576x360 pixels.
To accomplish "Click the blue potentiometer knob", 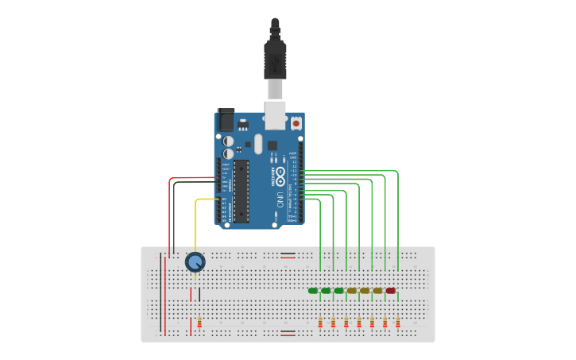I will pos(195,261).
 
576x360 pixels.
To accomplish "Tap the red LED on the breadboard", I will pos(390,291).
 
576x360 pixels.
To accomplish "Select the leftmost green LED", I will pos(313,291).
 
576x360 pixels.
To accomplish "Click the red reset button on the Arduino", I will pos(296,123).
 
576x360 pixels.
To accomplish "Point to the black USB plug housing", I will pos(275,60).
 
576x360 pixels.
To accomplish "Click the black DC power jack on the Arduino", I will pos(226,120).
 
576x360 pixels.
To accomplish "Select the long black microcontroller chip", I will pos(241,192).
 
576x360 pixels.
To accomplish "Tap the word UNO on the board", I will pos(280,199).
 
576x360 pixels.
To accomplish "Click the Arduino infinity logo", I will pos(280,176).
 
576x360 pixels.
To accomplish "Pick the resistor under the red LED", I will pos(398,323).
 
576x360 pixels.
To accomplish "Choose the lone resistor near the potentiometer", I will pos(199,323).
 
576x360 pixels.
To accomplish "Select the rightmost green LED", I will pos(339,291).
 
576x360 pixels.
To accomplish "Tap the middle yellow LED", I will pos(365,291).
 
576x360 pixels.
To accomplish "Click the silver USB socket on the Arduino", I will pos(275,115).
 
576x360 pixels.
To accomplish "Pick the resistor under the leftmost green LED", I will pos(320,323).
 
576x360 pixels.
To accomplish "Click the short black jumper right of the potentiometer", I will pos(199,295).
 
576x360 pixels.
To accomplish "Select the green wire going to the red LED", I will pos(397,215).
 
